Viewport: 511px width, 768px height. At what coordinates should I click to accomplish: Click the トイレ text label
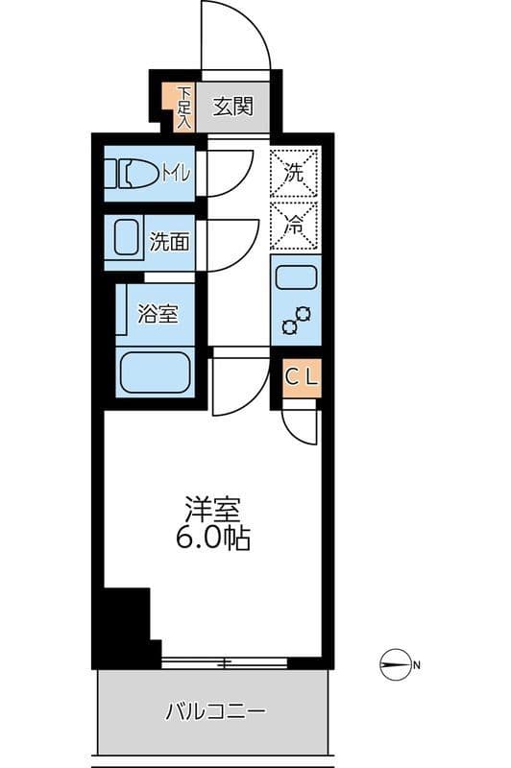pos(176,174)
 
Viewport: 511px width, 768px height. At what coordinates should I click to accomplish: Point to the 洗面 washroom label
pos(170,241)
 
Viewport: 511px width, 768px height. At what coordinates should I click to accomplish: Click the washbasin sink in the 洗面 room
pos(128,239)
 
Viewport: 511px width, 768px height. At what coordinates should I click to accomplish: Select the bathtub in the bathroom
pos(154,372)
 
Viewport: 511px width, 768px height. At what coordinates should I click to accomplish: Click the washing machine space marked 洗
pos(295,174)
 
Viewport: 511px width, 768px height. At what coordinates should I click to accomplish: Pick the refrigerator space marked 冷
pos(295,228)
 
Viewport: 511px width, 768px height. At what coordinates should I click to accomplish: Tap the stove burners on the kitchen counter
pos(296,320)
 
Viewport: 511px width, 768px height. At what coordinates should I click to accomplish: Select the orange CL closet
pos(301,376)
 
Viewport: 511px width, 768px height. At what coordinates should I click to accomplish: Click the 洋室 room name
pos(212,510)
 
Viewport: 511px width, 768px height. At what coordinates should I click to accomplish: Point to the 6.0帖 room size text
pos(212,539)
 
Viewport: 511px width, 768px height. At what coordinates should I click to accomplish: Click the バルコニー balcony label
pos(215,712)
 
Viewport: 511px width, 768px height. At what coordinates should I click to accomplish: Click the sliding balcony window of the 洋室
pos(225,662)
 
